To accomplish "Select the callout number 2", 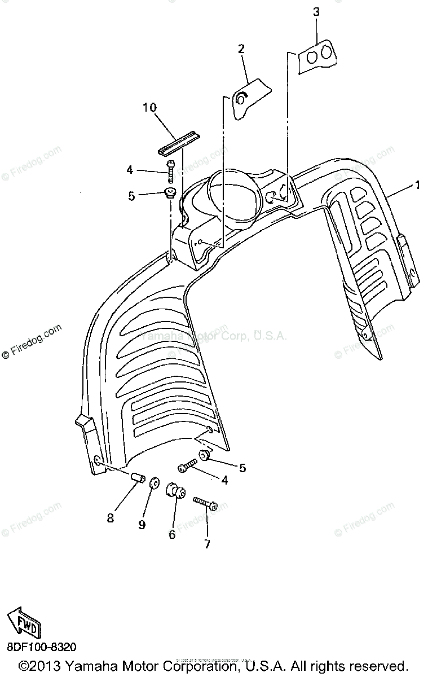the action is click(x=241, y=49).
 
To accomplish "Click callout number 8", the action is click(x=110, y=517).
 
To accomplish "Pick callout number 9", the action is click(x=142, y=525).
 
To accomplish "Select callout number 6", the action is click(x=172, y=533).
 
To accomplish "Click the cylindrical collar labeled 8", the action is click(x=137, y=478).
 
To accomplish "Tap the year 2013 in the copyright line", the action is click(x=48, y=665).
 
